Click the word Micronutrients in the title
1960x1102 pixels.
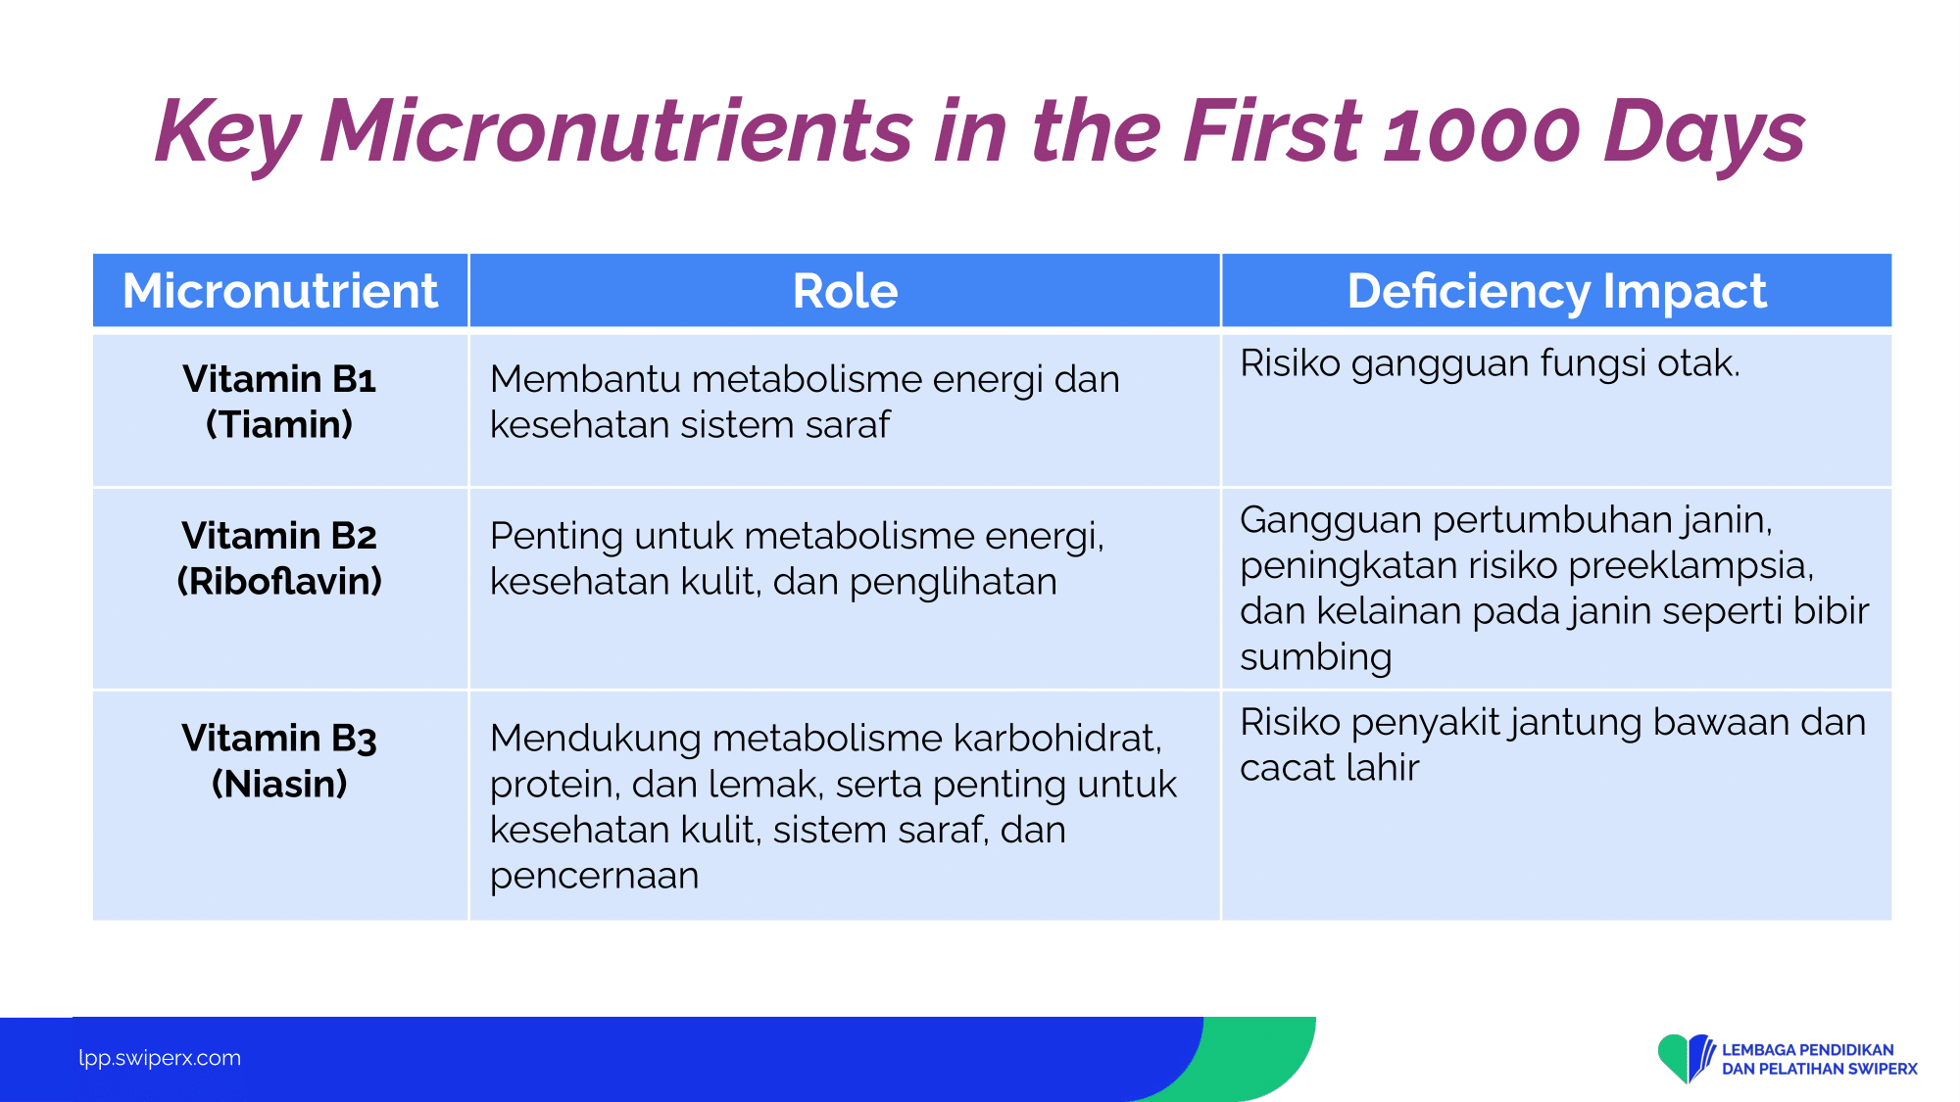pyautogui.click(x=616, y=131)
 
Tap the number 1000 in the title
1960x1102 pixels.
pyautogui.click(x=1481, y=131)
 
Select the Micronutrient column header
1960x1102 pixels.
pyautogui.click(x=280, y=291)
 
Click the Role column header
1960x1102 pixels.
pyautogui.click(x=845, y=291)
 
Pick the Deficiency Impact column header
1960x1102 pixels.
pyautogui.click(x=1556, y=291)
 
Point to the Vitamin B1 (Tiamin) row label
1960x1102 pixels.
pyautogui.click(x=279, y=402)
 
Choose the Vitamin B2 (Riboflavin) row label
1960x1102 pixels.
pyautogui.click(x=279, y=558)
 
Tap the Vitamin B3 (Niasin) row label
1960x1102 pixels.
pyautogui.click(x=279, y=760)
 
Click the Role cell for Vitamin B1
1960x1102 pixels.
pyautogui.click(x=805, y=402)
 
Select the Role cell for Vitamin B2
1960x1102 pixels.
pyautogui.click(x=797, y=558)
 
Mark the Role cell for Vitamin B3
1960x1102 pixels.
pyautogui.click(x=833, y=806)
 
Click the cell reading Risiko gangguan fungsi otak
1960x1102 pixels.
pyautogui.click(x=1490, y=363)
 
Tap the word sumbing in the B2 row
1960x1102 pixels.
pyautogui.click(x=1315, y=657)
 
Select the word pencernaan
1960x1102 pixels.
pyautogui.click(x=594, y=876)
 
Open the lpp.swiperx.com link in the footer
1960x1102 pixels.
pyautogui.click(x=160, y=1058)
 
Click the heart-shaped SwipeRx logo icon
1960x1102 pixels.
pyautogui.click(x=1686, y=1058)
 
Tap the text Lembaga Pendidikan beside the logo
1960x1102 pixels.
pyautogui.click(x=1808, y=1050)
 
